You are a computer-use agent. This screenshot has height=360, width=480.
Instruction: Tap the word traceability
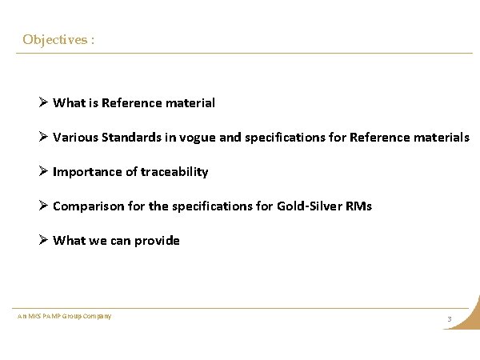[x=174, y=172]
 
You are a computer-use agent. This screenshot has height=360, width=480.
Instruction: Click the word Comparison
[x=87, y=206]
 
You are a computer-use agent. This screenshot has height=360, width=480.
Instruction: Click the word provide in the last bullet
[x=156, y=241]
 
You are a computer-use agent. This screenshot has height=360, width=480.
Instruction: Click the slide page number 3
[x=450, y=320]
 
